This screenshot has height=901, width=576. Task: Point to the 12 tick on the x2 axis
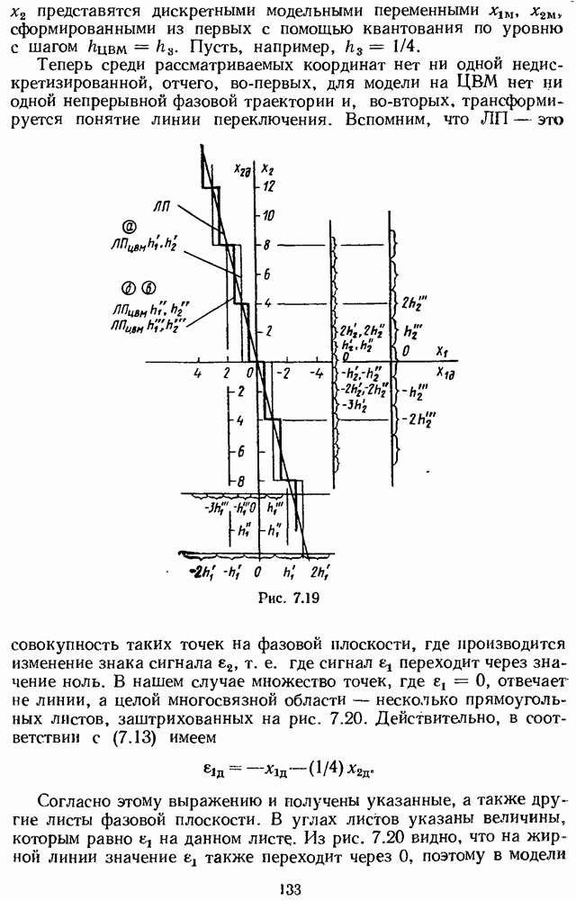point(267,185)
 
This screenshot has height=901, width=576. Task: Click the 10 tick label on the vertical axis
point(267,215)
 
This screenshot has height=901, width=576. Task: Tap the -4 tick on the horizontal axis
point(317,373)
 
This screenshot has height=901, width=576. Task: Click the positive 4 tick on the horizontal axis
point(196,373)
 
